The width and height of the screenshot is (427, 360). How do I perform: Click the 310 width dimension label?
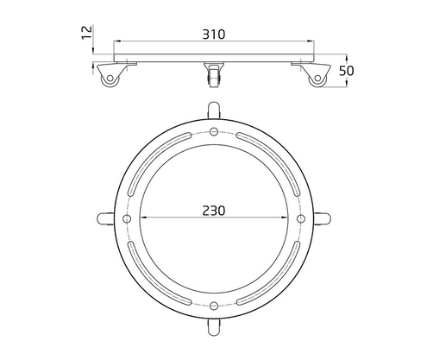(x=213, y=35)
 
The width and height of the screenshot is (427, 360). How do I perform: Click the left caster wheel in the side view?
(x=110, y=77)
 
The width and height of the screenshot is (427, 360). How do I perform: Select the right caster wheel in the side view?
(x=316, y=77)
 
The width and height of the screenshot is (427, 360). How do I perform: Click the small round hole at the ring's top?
(x=213, y=131)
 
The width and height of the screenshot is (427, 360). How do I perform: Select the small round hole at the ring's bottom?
(x=213, y=306)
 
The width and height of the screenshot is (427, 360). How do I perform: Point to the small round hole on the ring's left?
(x=127, y=218)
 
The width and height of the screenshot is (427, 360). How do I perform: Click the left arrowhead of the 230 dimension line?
(x=141, y=218)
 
